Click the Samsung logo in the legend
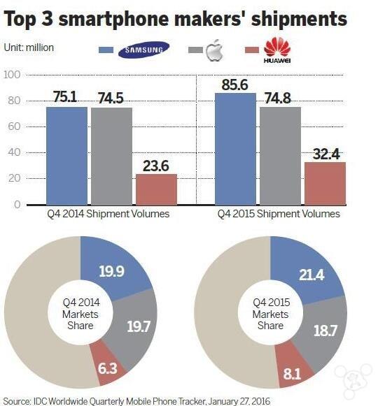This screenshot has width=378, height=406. pyautogui.click(x=143, y=50)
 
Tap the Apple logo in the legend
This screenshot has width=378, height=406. pyautogui.click(x=215, y=50)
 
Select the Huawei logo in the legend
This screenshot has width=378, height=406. pyautogui.click(x=277, y=50)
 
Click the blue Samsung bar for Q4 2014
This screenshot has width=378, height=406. pyautogui.click(x=66, y=156)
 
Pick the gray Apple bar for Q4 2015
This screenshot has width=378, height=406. pyautogui.click(x=281, y=156)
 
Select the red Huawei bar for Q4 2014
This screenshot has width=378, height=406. pyautogui.click(x=156, y=189)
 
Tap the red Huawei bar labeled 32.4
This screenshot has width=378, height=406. pyautogui.click(x=325, y=184)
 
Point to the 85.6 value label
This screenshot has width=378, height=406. pyautogui.click(x=234, y=85)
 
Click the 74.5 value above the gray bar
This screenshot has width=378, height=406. pyautogui.click(x=111, y=98)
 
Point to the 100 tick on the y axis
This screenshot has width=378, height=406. pyautogui.click(x=12, y=75)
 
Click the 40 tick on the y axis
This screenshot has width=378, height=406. pyautogui.click(x=14, y=152)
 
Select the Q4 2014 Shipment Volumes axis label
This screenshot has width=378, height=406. pyautogui.click(x=108, y=214)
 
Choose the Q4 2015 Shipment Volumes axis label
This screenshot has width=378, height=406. pyautogui.click(x=279, y=214)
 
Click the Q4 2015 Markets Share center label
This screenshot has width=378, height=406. pyautogui.click(x=271, y=314)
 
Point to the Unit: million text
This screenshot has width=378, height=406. pyautogui.click(x=29, y=48)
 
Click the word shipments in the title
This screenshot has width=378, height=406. pyautogui.click(x=299, y=19)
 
